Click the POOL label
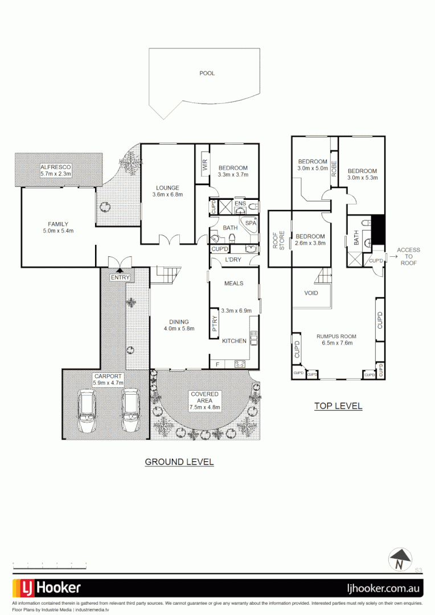tap(207, 73)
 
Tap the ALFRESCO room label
tap(55, 167)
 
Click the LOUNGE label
tap(167, 187)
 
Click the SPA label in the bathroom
tap(251, 223)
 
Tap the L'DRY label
tap(234, 260)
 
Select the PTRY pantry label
tap(215, 324)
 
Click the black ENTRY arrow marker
tap(120, 270)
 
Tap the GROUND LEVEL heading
tap(179, 462)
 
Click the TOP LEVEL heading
tap(338, 406)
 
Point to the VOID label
tap(310, 293)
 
